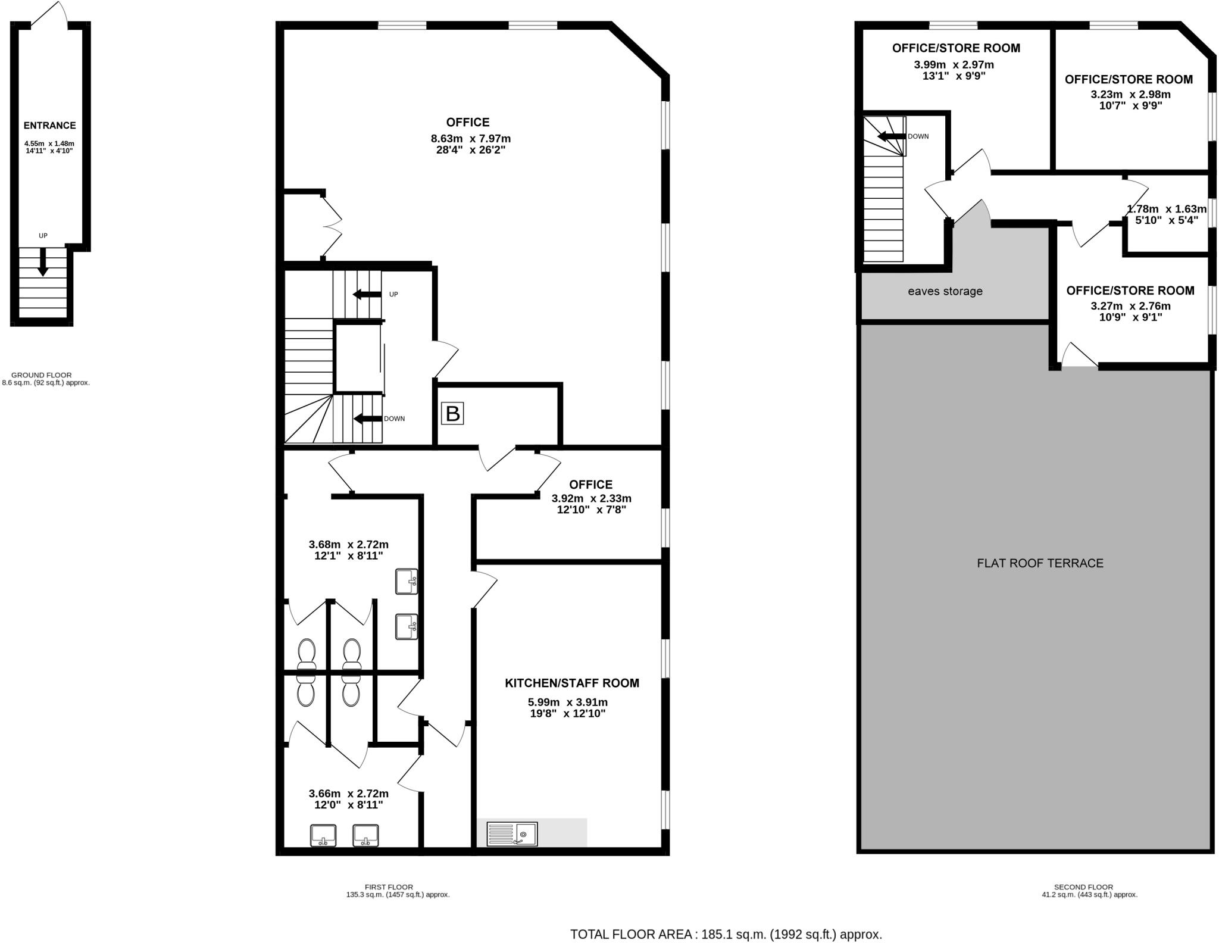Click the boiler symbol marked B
coord(452,413)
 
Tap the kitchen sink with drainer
coord(512,833)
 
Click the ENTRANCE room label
coord(49,126)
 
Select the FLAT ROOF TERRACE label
coord(1040,563)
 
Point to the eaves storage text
coord(945,291)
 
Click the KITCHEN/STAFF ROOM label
coord(571,683)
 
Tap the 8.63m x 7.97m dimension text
coord(470,139)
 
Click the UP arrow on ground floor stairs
coord(43,261)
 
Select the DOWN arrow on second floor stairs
coord(891,136)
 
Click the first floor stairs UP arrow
coord(366,294)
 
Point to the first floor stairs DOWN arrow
coord(367,419)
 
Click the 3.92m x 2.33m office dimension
coord(591,499)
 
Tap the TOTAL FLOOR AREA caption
coord(726,934)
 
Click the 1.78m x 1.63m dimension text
coord(1166,209)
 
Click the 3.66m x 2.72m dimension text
coord(348,794)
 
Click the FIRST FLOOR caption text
coord(389,887)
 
